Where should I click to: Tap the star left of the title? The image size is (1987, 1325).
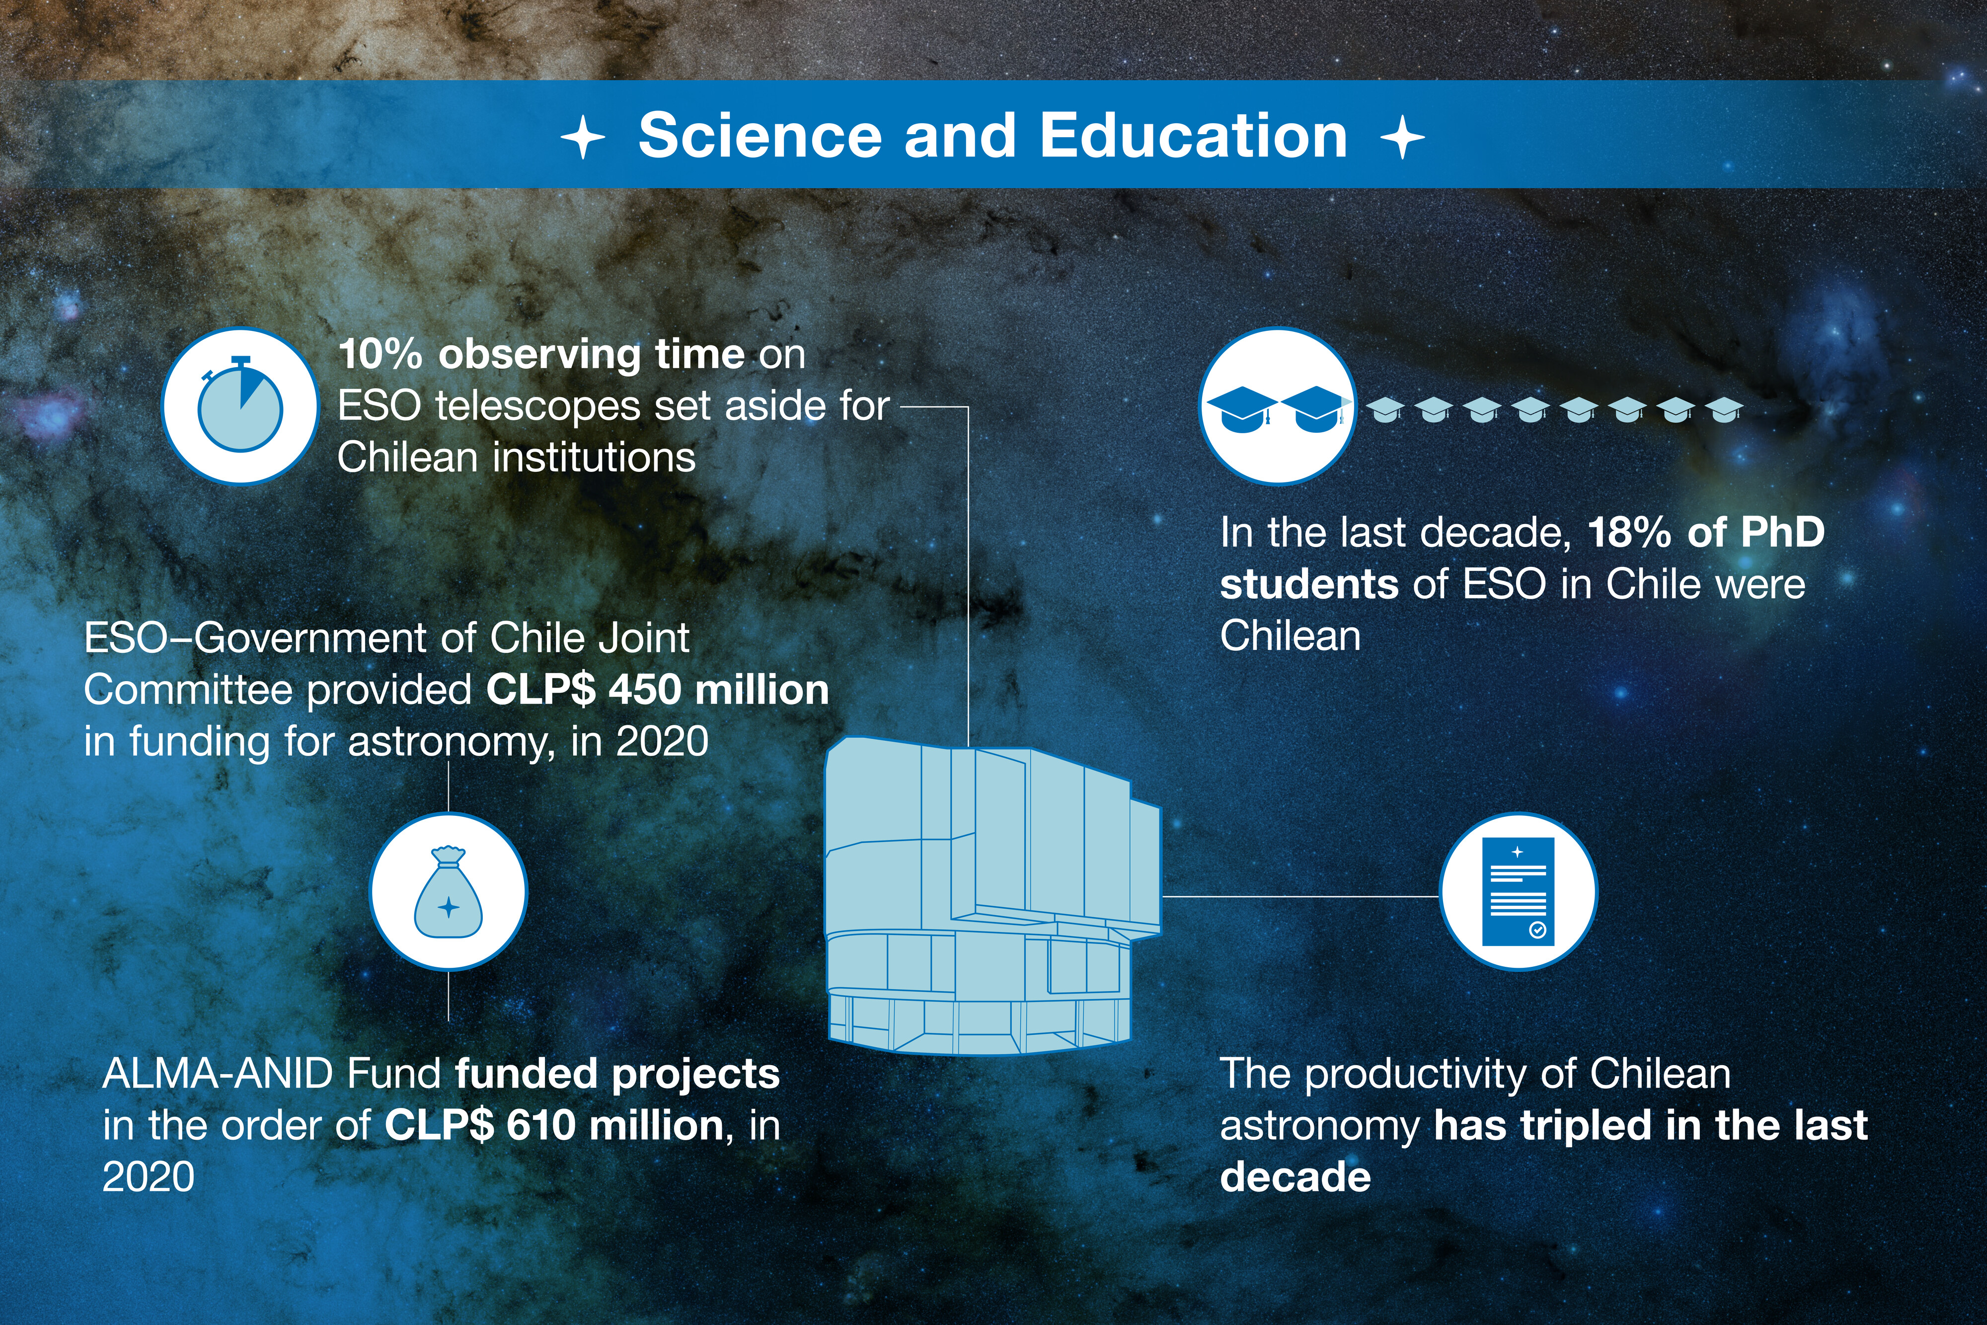point(583,138)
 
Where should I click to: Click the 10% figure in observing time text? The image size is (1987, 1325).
point(380,354)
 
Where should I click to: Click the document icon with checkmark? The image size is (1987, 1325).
point(1518,891)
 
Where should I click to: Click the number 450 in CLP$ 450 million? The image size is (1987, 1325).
point(645,690)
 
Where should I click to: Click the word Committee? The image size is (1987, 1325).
point(188,690)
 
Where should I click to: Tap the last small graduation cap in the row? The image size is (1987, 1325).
point(1723,410)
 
